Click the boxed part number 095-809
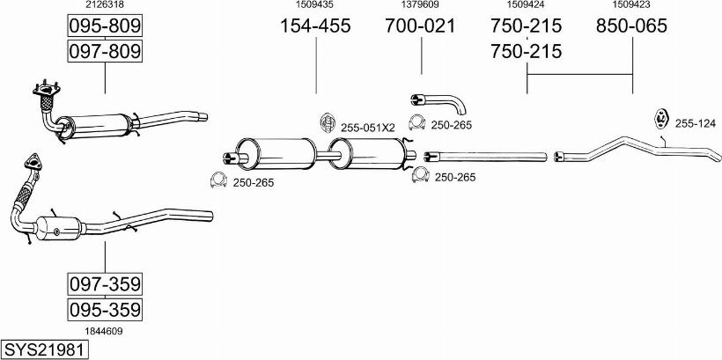coord(105,26)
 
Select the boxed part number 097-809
coord(105,51)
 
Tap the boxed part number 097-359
coord(105,284)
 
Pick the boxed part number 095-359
coord(105,309)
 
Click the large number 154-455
coord(316,26)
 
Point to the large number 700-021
coord(420,26)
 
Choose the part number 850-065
coord(631,26)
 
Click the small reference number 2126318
coord(105,4)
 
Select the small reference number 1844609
coord(105,331)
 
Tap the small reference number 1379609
coord(420,4)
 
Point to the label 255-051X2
coord(368,129)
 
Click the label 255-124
coord(696,123)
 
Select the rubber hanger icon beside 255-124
coord(661,118)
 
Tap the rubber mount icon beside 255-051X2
coord(327,122)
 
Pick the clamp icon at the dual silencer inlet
coord(218,180)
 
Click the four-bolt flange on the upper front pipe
coord(46,90)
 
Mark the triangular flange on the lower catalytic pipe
coord(33,163)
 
